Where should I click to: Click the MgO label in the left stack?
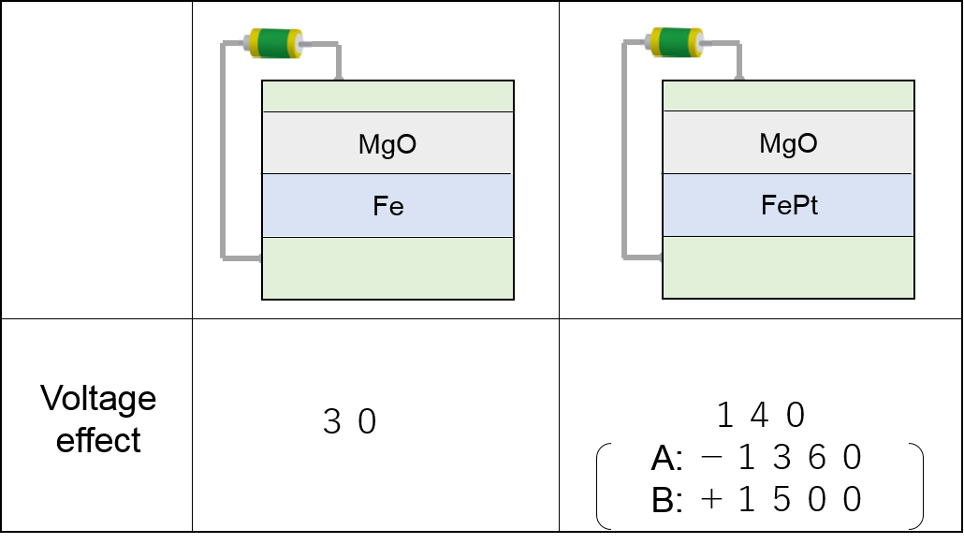tap(387, 144)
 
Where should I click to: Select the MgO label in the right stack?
tap(788, 143)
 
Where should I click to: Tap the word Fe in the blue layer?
tap(387, 206)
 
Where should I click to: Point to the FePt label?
tap(789, 205)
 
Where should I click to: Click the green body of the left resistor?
tap(274, 43)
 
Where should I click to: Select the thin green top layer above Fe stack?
tap(387, 96)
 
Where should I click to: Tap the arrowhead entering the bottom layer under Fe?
tap(258, 257)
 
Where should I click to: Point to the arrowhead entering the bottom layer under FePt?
tap(659, 257)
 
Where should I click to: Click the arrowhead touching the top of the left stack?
tap(338, 76)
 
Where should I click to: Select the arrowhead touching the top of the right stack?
tap(739, 76)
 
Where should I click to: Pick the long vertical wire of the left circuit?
tap(223, 150)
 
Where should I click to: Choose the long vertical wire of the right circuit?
tap(624, 150)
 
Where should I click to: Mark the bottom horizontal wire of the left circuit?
tap(239, 257)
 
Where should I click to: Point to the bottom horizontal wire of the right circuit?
tap(640, 257)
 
